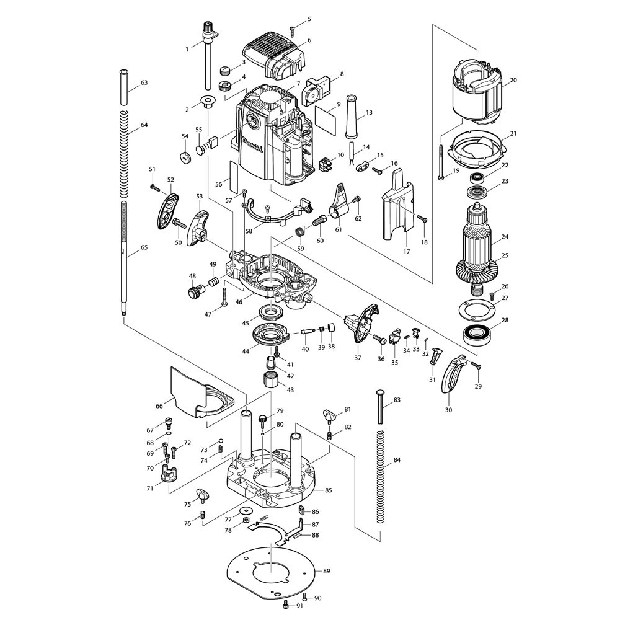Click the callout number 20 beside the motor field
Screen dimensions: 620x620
click(x=513, y=80)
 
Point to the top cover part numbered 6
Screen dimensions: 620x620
click(x=276, y=55)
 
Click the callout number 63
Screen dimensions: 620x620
click(x=144, y=82)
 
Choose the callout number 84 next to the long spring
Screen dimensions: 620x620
click(x=397, y=460)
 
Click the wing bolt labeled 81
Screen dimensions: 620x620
click(x=329, y=415)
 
